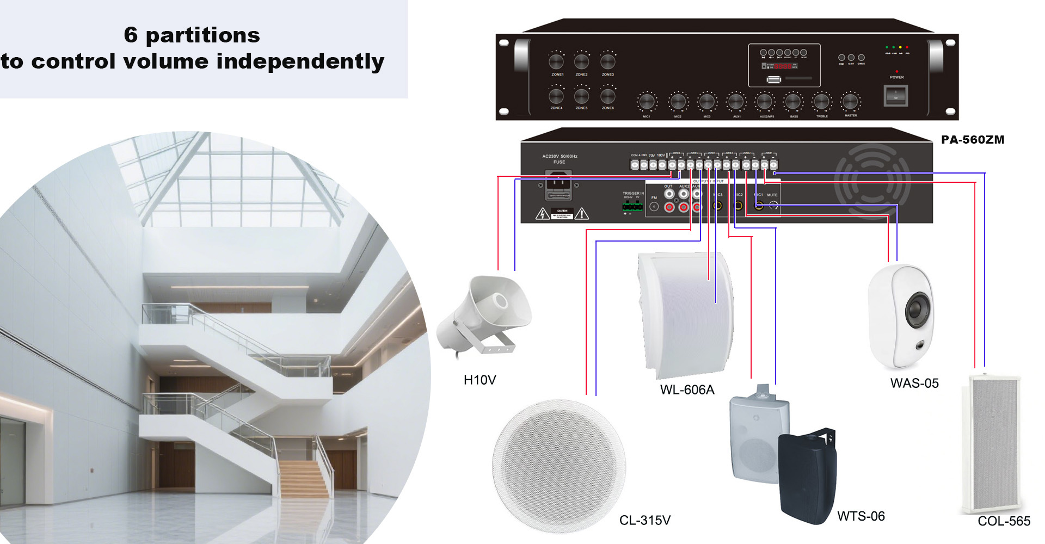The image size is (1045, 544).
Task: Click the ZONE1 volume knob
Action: point(556,60)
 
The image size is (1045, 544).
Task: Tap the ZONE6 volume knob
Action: point(607,96)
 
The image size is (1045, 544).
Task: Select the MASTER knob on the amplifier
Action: point(850,102)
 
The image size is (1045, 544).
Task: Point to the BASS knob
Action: point(793,102)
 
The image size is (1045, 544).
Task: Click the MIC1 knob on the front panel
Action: point(647,102)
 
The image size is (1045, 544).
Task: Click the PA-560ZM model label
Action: point(973,140)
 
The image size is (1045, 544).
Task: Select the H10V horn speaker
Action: point(484,316)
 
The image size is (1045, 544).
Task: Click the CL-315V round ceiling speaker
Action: point(559,466)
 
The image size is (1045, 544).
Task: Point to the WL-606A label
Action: point(687,390)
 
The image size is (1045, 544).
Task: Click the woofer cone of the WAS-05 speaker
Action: point(918,308)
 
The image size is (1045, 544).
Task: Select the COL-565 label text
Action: point(1004,521)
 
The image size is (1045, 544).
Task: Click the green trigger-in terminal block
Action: point(631,207)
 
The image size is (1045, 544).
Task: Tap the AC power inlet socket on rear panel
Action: point(558,183)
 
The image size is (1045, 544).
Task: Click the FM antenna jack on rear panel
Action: point(654,207)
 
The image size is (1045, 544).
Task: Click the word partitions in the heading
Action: point(202,35)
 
